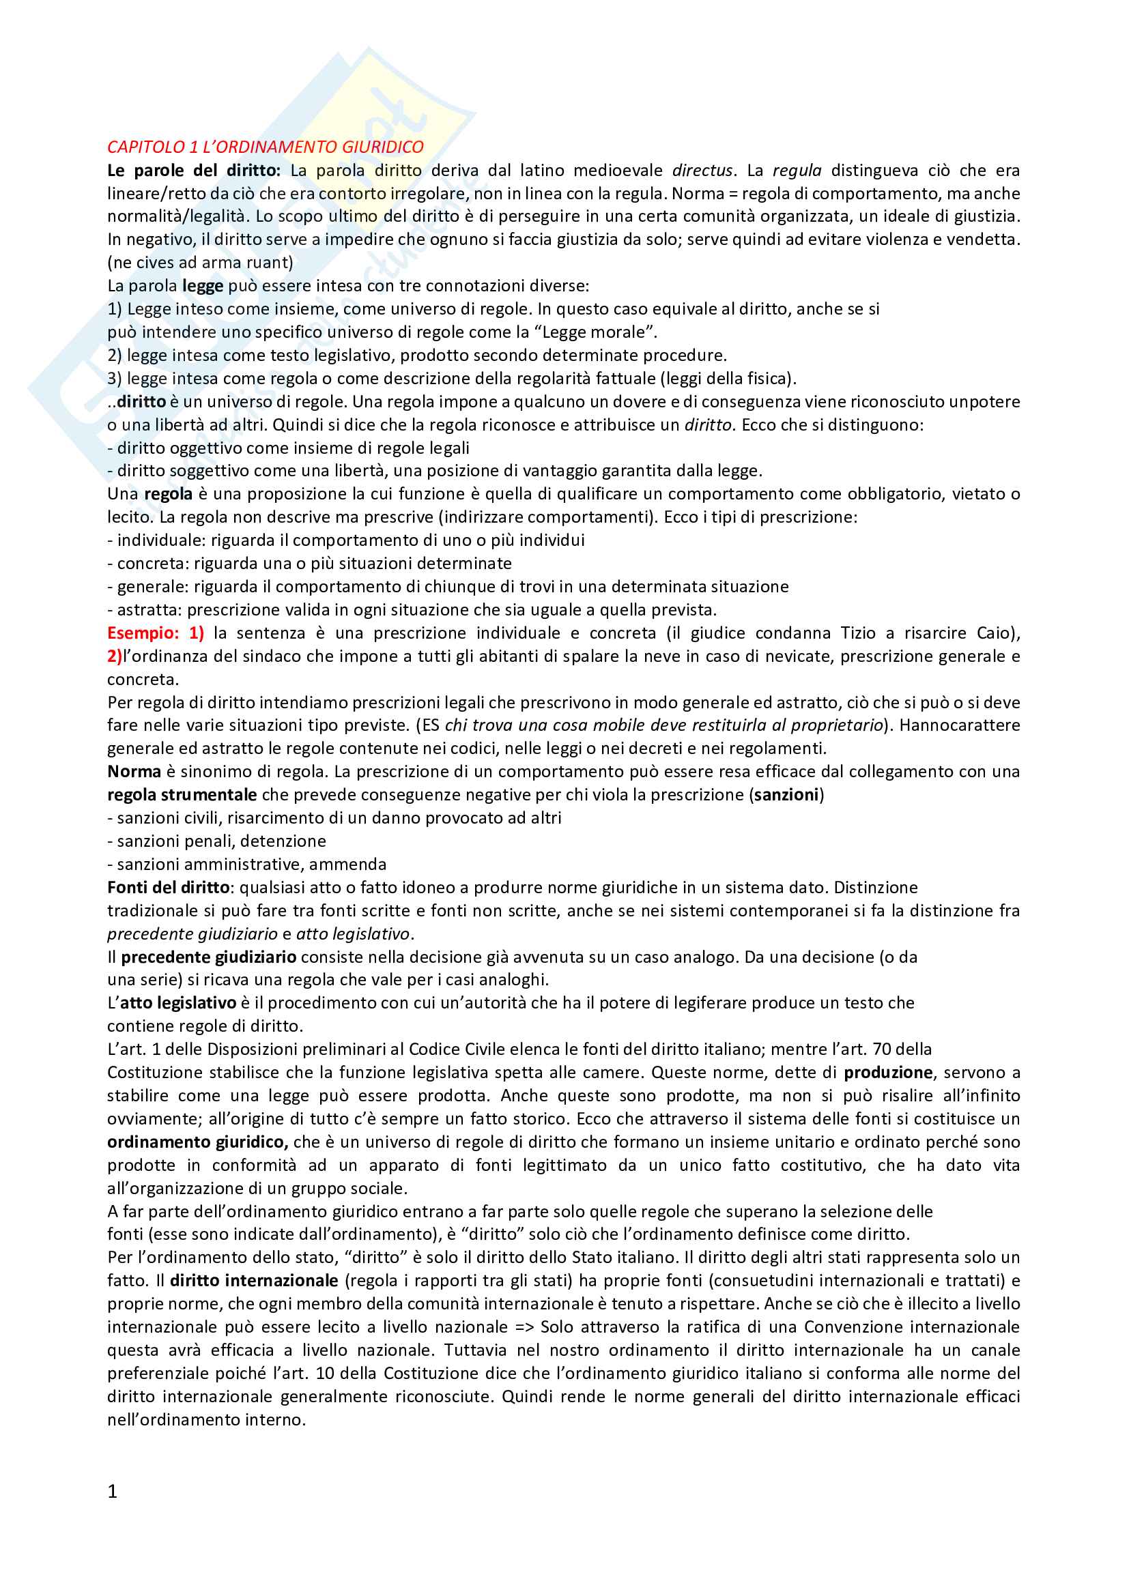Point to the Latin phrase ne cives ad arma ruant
tap(200, 263)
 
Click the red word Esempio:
tap(143, 633)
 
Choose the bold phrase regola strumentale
tap(182, 794)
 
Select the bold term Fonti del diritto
tap(168, 888)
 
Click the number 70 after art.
tap(883, 1049)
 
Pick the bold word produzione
tap(888, 1073)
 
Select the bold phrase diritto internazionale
tap(254, 1280)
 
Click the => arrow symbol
tap(524, 1327)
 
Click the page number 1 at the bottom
tap(113, 1491)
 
